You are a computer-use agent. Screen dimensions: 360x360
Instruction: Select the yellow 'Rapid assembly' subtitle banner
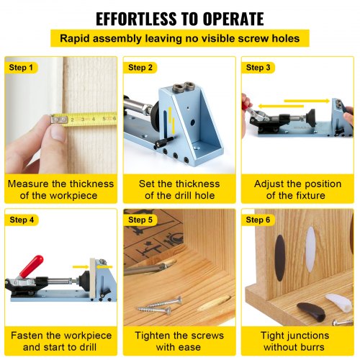pyautogui.click(x=180, y=39)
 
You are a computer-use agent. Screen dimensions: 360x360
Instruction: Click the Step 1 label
pyautogui.click(x=21, y=67)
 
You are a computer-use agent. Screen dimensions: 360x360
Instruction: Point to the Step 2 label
pyautogui.click(x=140, y=67)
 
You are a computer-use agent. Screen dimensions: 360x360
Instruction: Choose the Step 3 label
pyautogui.click(x=258, y=67)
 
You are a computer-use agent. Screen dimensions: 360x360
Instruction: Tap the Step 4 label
pyautogui.click(x=21, y=219)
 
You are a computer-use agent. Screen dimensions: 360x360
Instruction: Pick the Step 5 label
pyautogui.click(x=140, y=219)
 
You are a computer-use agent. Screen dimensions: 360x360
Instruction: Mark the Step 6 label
pyautogui.click(x=258, y=219)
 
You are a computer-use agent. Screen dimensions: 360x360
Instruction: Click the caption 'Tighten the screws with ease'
pyautogui.click(x=179, y=342)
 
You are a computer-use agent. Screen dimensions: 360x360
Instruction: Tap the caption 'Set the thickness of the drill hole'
pyautogui.click(x=179, y=190)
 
